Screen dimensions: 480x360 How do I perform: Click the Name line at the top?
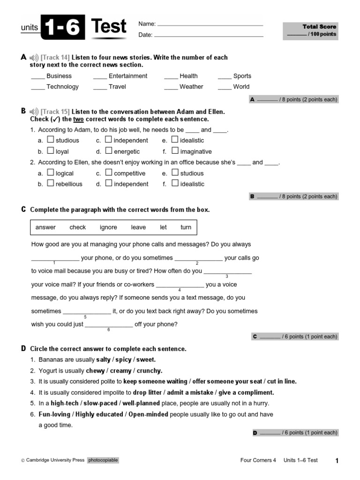[210, 24]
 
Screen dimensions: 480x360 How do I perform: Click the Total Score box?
[311, 30]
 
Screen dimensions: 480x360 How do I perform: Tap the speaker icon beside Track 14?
[34, 58]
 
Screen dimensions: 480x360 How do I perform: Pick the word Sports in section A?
[242, 76]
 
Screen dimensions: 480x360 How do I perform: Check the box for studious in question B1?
[51, 140]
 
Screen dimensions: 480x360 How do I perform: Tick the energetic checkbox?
[109, 151]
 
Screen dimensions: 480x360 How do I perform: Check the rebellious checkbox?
[51, 184]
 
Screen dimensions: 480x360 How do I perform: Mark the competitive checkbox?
[109, 173]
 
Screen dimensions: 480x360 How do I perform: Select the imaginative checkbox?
[175, 151]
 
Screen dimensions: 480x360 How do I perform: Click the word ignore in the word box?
[108, 227]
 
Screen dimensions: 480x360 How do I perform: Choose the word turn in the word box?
[186, 227]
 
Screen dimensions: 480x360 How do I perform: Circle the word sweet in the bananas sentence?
[146, 360]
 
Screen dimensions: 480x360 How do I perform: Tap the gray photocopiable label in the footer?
[103, 460]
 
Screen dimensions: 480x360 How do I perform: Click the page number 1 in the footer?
[337, 461]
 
